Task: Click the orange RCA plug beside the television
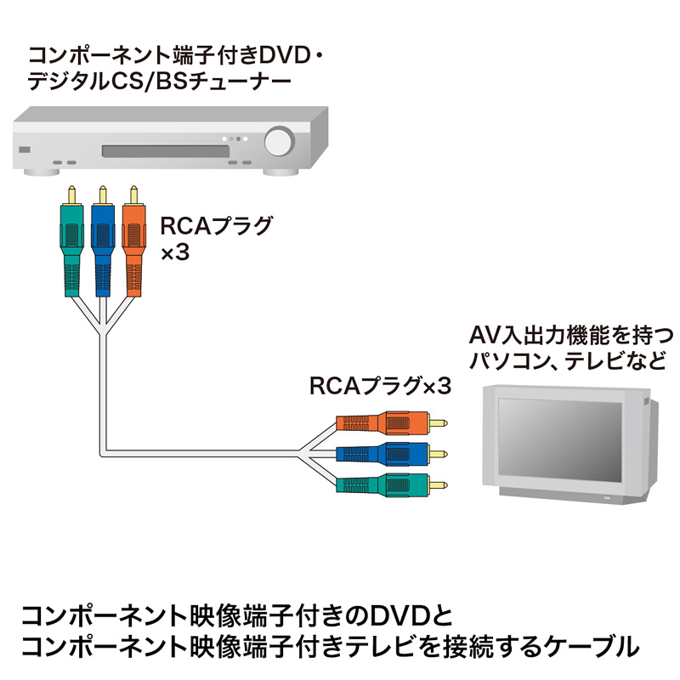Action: click(387, 422)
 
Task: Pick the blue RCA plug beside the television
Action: click(387, 452)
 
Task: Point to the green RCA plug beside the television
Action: click(387, 487)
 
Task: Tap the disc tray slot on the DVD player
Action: click(166, 151)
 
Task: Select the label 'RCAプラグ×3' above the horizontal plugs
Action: click(378, 386)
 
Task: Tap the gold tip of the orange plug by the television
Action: click(440, 421)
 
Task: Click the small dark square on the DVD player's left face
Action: click(23, 152)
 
